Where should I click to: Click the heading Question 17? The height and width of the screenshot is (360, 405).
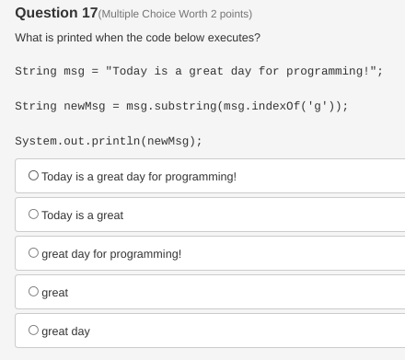[x=54, y=13]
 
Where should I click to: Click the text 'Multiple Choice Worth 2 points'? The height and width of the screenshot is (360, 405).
[x=174, y=14]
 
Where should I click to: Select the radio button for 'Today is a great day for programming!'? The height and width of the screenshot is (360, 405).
[x=34, y=175]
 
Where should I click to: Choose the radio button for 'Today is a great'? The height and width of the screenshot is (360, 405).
[x=34, y=214]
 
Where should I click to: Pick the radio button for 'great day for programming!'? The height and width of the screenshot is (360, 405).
[x=34, y=252]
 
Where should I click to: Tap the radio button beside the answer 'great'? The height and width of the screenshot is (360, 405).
[x=34, y=291]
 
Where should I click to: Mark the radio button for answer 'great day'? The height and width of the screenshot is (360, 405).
[x=34, y=330]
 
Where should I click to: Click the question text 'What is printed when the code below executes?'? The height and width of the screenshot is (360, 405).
[x=137, y=38]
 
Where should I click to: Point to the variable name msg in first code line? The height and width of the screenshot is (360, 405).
[x=74, y=72]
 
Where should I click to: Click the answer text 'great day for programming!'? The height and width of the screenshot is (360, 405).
[x=111, y=253]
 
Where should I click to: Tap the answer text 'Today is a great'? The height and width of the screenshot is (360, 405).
[x=82, y=215]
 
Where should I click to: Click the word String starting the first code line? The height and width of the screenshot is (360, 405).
[x=34, y=72]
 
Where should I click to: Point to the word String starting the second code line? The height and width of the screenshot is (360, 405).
[x=34, y=106]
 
